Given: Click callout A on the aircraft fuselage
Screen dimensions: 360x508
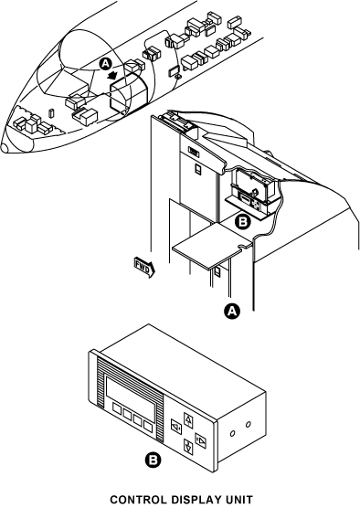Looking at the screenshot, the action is tap(105, 64).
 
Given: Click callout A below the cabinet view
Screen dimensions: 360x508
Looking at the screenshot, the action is tap(232, 311).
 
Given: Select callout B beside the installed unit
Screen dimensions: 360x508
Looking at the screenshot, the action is tap(242, 222).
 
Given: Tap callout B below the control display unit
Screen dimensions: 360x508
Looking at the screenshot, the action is tap(153, 460).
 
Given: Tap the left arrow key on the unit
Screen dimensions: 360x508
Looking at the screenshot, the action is tap(176, 426).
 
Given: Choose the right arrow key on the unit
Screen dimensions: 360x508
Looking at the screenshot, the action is tap(201, 440).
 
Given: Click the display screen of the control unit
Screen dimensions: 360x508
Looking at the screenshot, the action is tap(131, 399).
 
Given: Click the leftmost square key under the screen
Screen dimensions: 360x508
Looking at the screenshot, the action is tap(117, 408).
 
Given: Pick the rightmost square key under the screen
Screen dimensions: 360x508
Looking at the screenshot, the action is tap(148, 427).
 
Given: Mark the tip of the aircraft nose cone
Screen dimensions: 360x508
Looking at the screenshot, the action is tap(2, 148).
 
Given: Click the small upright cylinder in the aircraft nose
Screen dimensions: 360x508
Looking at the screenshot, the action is tap(51, 113).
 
